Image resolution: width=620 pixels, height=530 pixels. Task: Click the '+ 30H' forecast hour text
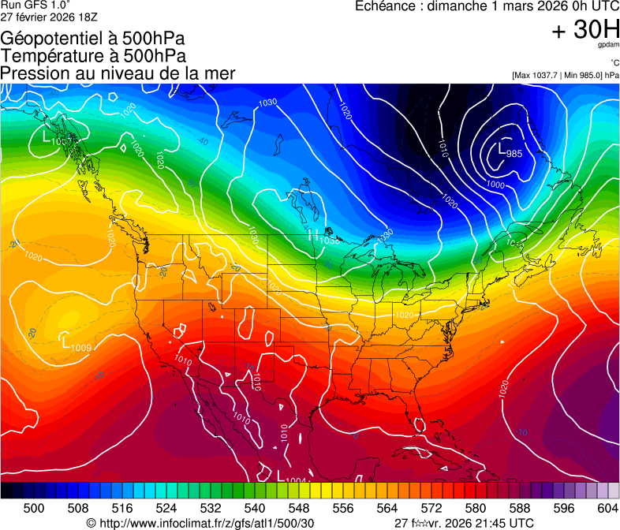[585, 30]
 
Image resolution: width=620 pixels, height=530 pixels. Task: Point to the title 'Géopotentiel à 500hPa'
[93, 39]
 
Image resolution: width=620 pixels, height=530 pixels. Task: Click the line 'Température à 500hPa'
[93, 56]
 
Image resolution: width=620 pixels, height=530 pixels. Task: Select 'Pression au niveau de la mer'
[118, 73]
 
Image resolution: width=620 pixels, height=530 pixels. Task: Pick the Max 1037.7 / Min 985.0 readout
[565, 75]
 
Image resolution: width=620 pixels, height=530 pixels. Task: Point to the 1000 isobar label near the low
[495, 184]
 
